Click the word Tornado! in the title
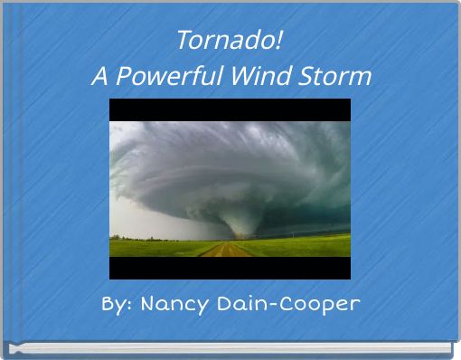230,41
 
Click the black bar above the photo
230,109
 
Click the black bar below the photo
230,268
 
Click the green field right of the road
298,245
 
